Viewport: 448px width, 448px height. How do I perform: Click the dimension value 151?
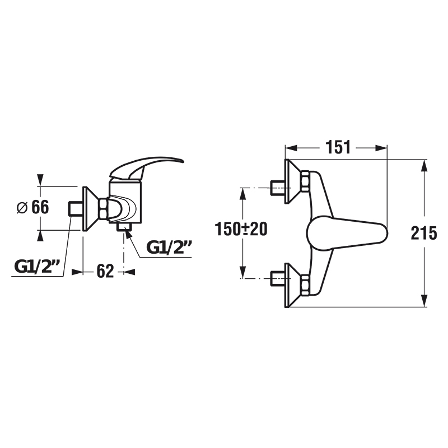tap(338, 147)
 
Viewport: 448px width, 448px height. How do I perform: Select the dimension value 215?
tap(424, 233)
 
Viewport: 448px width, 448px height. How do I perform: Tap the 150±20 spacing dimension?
tap(241, 229)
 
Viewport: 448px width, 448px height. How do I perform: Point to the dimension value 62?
tap(105, 271)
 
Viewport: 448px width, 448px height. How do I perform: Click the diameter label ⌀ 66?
tap(33, 207)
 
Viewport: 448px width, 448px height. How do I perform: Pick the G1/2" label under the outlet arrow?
tap(169, 247)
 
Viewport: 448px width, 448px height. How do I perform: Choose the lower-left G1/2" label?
tap(37, 267)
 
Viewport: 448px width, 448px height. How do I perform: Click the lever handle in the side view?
tap(146, 168)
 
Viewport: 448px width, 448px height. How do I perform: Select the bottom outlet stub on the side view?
tap(124, 227)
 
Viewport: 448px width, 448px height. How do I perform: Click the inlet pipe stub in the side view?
tap(76, 208)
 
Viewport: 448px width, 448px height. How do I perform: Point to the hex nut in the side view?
tap(104, 208)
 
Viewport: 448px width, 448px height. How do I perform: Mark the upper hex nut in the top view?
tap(305, 181)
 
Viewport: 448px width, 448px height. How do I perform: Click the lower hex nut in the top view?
tap(305, 285)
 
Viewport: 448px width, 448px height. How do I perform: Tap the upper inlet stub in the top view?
tap(277, 188)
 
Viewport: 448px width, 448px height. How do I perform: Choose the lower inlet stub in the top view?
tap(277, 278)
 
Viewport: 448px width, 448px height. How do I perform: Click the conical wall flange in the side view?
tap(91, 208)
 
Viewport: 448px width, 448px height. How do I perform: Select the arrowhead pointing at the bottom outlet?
tap(128, 235)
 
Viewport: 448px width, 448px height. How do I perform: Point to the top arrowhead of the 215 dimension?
tap(424, 165)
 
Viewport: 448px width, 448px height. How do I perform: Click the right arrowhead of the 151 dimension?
tap(381, 148)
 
